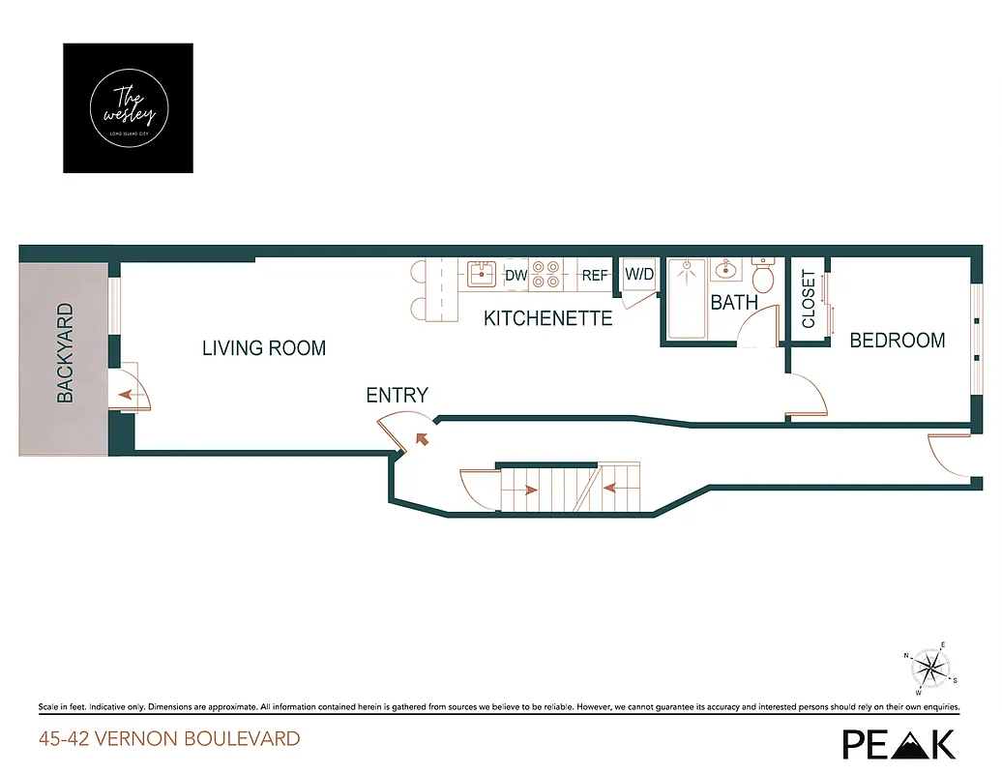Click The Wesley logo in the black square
pyautogui.click(x=128, y=107)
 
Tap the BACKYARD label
pyautogui.click(x=66, y=353)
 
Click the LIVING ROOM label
pyautogui.click(x=264, y=348)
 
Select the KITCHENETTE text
pyautogui.click(x=548, y=318)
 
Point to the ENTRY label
pyautogui.click(x=397, y=395)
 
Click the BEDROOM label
pyautogui.click(x=897, y=341)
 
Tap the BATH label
pyautogui.click(x=734, y=303)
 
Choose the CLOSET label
pyautogui.click(x=809, y=300)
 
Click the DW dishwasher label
pyautogui.click(x=516, y=276)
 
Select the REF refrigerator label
pyautogui.click(x=595, y=276)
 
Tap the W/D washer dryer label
pyautogui.click(x=639, y=275)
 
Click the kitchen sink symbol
pyautogui.click(x=481, y=274)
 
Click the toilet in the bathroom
pyautogui.click(x=764, y=277)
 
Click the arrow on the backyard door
pyautogui.click(x=127, y=395)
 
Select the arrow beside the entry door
pyautogui.click(x=421, y=438)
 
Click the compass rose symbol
pyautogui.click(x=930, y=668)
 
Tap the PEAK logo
pyautogui.click(x=899, y=743)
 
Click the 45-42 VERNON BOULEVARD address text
pyautogui.click(x=169, y=739)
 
